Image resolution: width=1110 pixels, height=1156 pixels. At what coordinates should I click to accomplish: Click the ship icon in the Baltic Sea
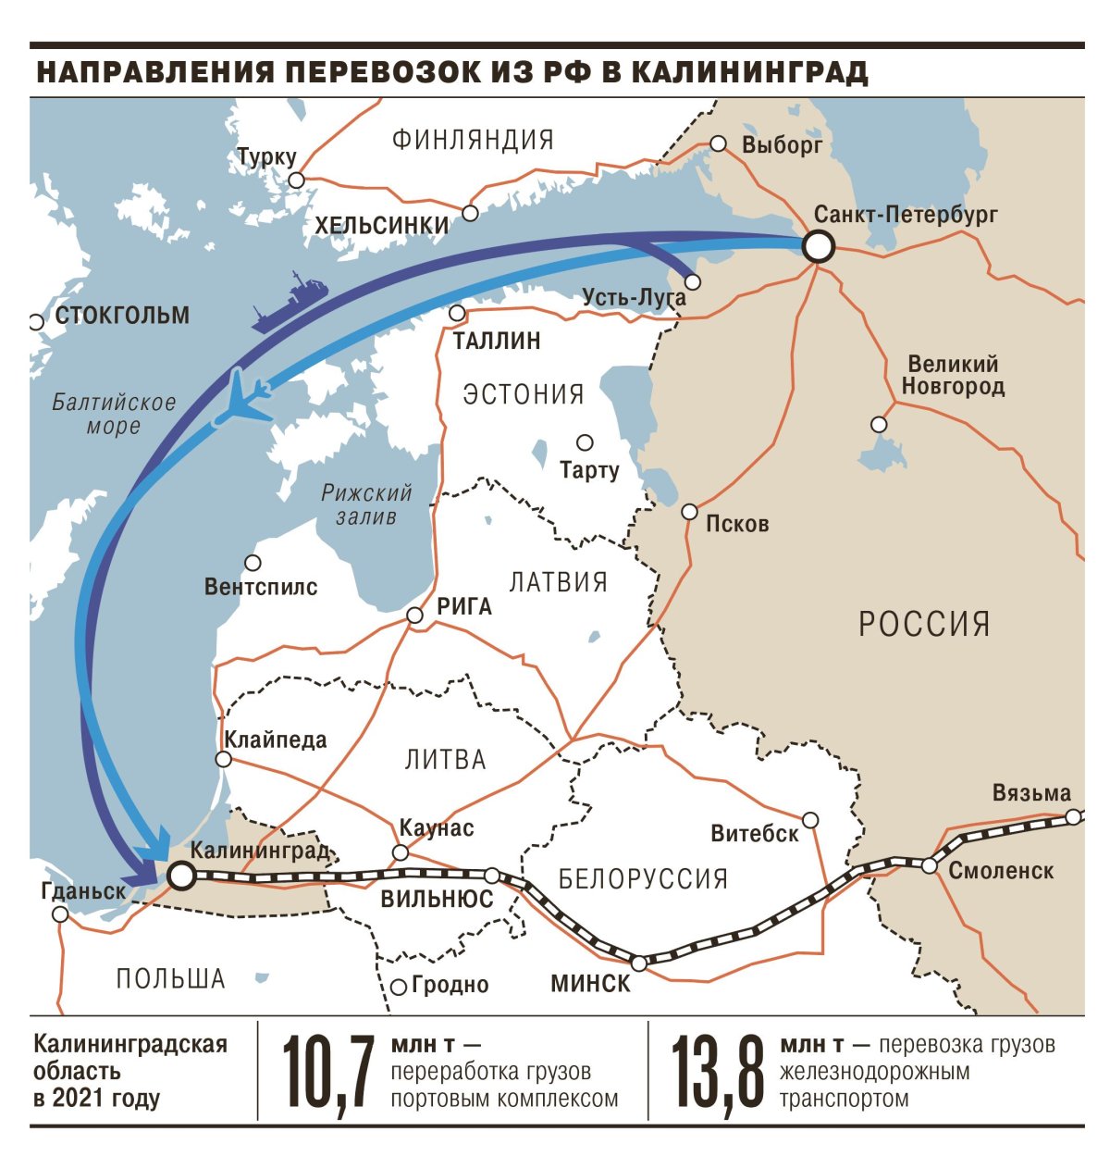coord(290,302)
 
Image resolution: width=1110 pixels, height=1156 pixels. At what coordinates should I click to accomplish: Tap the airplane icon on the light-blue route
coord(244,398)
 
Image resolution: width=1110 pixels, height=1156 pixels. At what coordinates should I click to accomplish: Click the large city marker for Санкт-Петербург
coord(818,247)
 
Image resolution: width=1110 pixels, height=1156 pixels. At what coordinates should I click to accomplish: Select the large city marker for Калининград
coord(180,875)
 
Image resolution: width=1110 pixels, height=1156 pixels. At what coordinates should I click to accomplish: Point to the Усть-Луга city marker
coord(692,281)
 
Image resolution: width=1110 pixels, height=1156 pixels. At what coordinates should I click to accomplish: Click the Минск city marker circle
coord(638,963)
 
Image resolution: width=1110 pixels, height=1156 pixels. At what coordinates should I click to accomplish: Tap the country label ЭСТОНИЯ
coord(524,394)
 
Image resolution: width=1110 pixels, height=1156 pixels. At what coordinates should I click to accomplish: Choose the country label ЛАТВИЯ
coord(559,582)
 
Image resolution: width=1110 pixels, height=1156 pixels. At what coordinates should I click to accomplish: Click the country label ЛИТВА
coord(445,760)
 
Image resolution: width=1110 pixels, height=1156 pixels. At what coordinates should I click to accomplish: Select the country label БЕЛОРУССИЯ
coord(644,878)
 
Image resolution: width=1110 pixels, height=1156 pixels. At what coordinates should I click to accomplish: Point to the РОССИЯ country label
coord(924,624)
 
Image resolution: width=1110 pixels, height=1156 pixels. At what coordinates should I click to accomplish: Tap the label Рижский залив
coord(366,504)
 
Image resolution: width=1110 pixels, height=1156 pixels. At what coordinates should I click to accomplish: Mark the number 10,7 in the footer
coord(327,1072)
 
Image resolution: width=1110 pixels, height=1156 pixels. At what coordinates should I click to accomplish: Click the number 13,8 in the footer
coord(718,1072)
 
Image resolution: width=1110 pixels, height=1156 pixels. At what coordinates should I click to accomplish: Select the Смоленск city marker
coord(929,865)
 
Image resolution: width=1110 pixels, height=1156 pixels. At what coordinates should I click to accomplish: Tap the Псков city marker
coord(689,512)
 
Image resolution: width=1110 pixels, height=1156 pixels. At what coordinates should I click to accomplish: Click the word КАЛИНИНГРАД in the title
coord(750,73)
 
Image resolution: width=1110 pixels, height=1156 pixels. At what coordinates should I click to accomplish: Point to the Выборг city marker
coord(718,143)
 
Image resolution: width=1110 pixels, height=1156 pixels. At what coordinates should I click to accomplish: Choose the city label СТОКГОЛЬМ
coord(122,316)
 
